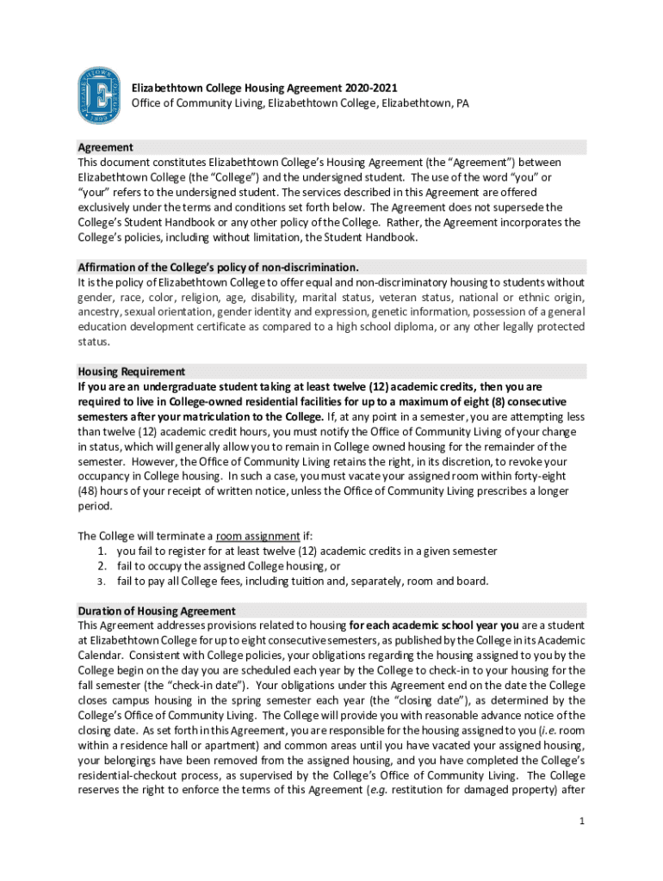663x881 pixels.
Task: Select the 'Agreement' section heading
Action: tap(105, 147)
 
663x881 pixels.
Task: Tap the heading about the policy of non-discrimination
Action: tap(218, 267)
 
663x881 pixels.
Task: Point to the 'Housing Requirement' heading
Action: tap(132, 372)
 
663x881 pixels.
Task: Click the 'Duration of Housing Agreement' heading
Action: tap(157, 611)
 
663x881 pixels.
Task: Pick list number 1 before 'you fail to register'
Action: tap(102, 551)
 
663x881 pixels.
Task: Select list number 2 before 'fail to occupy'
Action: tap(102, 565)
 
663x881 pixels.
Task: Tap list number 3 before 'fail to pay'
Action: tap(102, 581)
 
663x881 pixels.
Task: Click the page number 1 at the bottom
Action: tap(582, 821)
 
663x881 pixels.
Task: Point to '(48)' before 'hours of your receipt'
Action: tap(90, 491)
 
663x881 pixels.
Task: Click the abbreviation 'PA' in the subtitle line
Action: tap(461, 103)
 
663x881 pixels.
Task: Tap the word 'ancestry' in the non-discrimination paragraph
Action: tap(100, 311)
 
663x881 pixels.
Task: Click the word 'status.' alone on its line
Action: tap(94, 342)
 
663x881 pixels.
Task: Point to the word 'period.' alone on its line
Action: tap(95, 506)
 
